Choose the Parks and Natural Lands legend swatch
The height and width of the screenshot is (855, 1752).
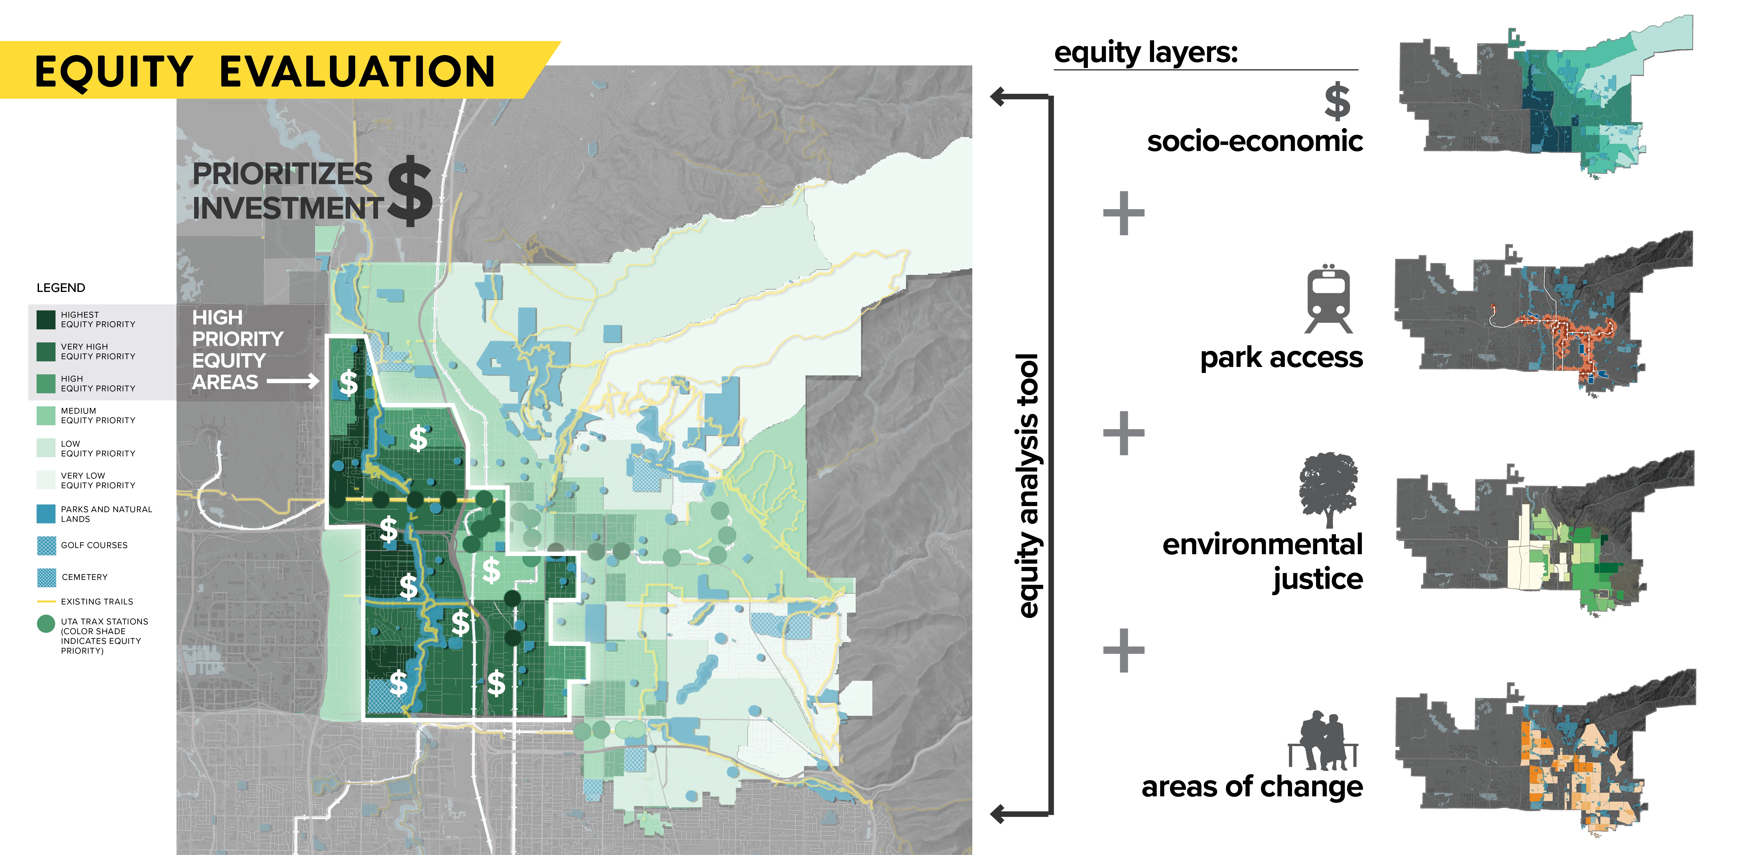[46, 513]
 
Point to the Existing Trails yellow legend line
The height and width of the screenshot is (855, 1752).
[46, 601]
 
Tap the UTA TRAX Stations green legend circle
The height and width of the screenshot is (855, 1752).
[46, 624]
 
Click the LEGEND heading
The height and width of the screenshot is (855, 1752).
[61, 288]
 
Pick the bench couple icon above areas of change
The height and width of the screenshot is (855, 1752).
[1323, 740]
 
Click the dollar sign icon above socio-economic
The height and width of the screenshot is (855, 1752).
[1337, 101]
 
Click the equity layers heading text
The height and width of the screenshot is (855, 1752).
[1146, 52]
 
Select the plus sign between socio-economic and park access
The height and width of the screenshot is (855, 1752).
[1124, 213]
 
